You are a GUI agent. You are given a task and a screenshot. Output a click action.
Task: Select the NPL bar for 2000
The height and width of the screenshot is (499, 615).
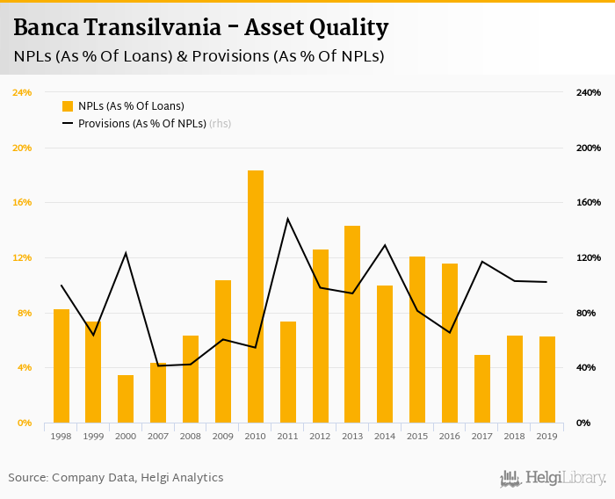[x=126, y=399]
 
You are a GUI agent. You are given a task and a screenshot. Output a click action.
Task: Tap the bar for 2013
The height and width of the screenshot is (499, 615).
[x=352, y=324]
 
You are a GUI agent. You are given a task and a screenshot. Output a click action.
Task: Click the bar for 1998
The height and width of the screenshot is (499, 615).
[x=61, y=365]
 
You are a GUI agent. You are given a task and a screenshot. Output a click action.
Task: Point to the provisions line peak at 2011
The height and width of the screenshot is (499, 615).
[x=288, y=219]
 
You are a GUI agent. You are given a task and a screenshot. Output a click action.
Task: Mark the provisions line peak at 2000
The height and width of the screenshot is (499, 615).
[x=126, y=253]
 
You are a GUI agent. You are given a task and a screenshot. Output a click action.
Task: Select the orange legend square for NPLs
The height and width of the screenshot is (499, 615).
[x=68, y=106]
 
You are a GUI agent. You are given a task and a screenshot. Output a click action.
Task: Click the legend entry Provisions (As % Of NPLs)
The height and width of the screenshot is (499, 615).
[x=141, y=124]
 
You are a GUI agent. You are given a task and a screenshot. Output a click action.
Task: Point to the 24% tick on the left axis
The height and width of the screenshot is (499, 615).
[x=22, y=92]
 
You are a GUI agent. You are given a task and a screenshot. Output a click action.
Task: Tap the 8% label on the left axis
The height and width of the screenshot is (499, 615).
[x=25, y=313]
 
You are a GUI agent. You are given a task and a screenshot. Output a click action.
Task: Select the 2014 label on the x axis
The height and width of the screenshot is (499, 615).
[x=385, y=436]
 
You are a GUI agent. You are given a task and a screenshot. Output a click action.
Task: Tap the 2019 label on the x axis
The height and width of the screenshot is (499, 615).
[x=546, y=436]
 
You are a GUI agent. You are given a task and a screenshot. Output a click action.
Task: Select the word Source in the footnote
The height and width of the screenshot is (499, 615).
[x=27, y=478]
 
